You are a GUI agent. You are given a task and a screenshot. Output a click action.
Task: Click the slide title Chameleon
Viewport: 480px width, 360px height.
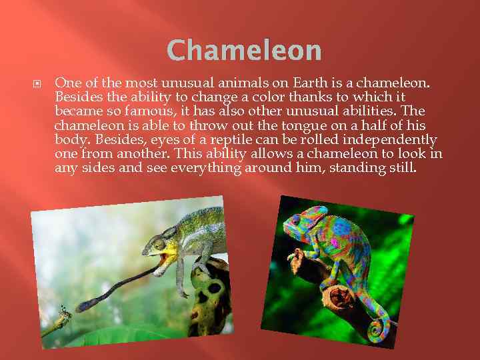[244, 50]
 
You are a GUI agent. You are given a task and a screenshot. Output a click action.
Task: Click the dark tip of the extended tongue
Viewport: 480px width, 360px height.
[85, 306]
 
